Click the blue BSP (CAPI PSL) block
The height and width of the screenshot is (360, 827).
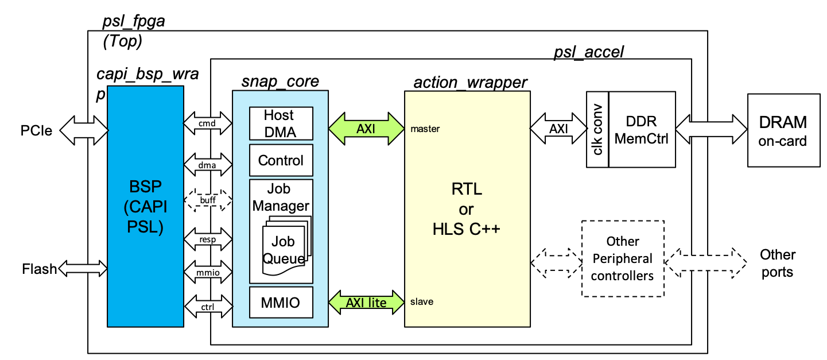pyautogui.click(x=145, y=206)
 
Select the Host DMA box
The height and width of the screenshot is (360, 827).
pyautogui.click(x=281, y=123)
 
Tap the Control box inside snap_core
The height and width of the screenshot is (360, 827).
pyautogui.click(x=281, y=160)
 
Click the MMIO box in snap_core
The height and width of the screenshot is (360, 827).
pyautogui.click(x=281, y=303)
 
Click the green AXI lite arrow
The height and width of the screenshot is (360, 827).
pyautogui.click(x=366, y=303)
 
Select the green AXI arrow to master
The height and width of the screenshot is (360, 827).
pyautogui.click(x=366, y=129)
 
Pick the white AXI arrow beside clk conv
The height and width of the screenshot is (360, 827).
pyautogui.click(x=558, y=129)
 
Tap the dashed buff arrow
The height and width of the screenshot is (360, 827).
pyautogui.click(x=208, y=200)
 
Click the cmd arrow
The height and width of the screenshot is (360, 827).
pyautogui.click(x=208, y=123)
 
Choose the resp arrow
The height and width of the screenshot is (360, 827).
pyautogui.click(x=208, y=239)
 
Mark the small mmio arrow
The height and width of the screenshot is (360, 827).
pyautogui.click(x=208, y=272)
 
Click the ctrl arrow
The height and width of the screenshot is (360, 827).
pyautogui.click(x=208, y=306)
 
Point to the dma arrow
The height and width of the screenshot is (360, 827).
pyautogui.click(x=208, y=165)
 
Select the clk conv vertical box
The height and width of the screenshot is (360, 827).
pyautogui.click(x=597, y=130)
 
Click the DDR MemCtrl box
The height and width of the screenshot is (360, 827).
pyautogui.click(x=642, y=130)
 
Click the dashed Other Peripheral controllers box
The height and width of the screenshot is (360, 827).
pyautogui.click(x=623, y=258)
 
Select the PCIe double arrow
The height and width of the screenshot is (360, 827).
pyautogui.click(x=84, y=130)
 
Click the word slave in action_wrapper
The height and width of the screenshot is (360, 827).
pyautogui.click(x=422, y=301)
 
